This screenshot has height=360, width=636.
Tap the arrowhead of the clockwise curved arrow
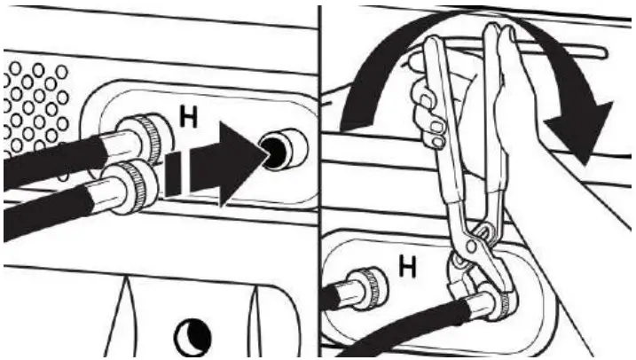(x=587, y=133)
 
